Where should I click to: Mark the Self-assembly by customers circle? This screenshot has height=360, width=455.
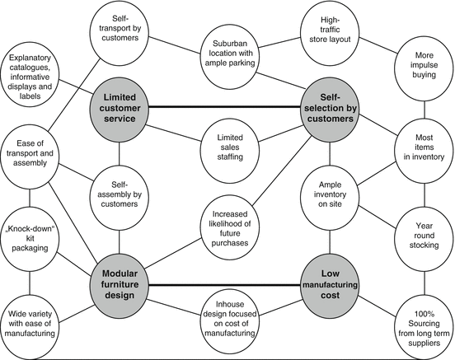120,197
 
